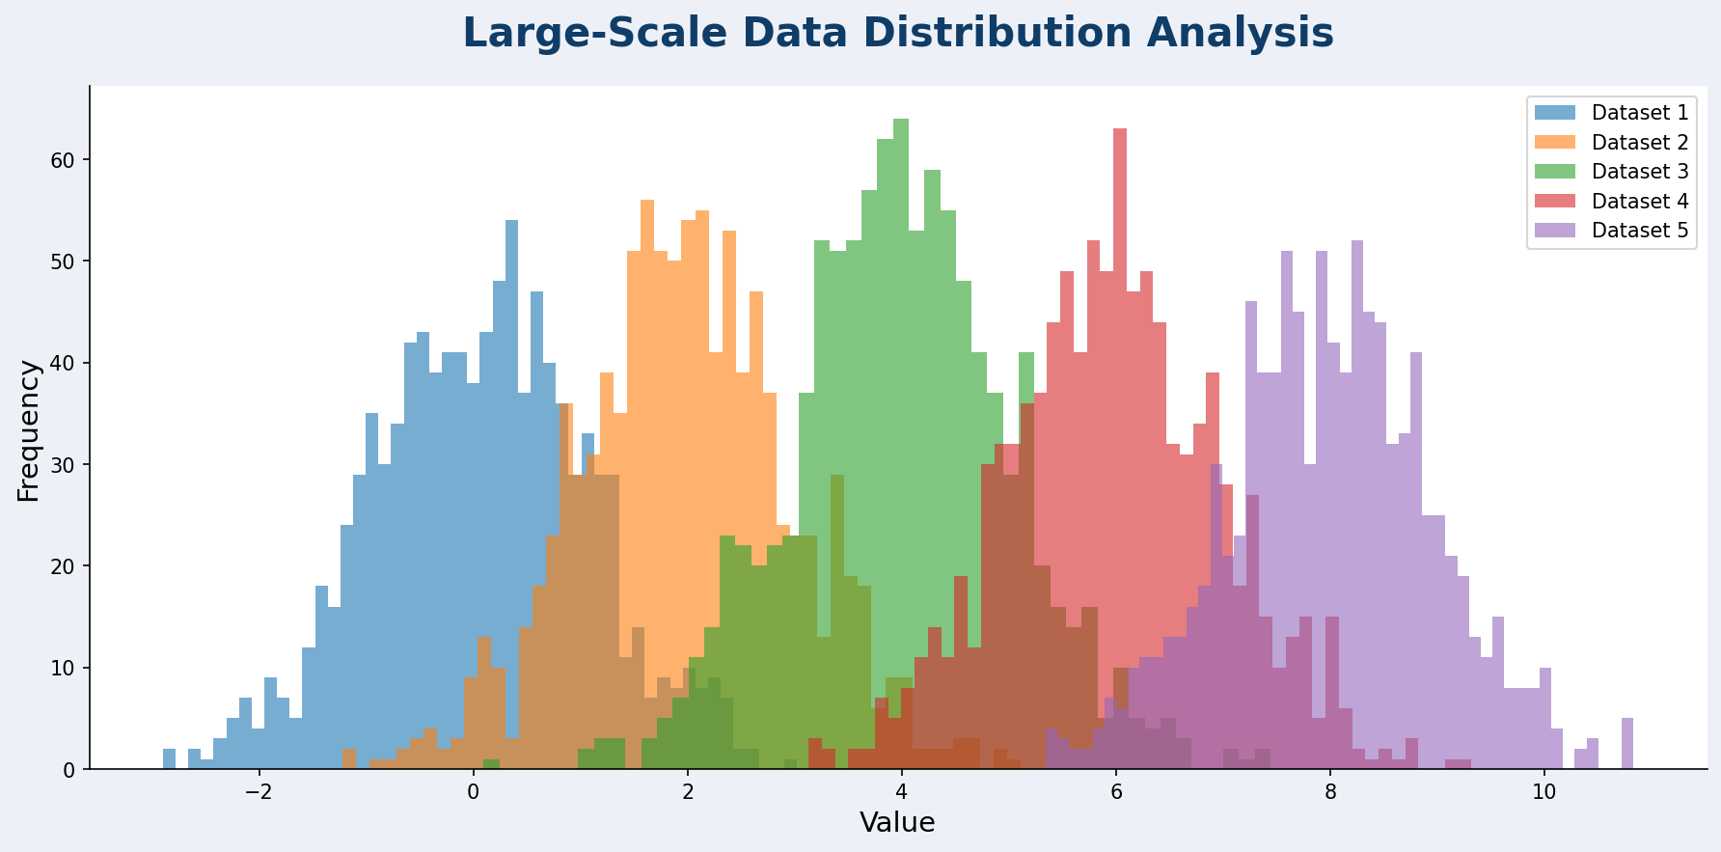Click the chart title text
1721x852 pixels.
click(x=897, y=34)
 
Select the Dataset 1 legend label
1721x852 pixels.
click(x=1640, y=113)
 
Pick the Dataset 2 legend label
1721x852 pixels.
click(x=1640, y=143)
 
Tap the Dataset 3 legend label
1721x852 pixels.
click(x=1640, y=172)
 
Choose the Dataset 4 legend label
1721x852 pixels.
click(x=1640, y=202)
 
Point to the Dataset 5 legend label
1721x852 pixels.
click(x=1640, y=231)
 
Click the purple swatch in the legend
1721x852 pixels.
click(x=1555, y=231)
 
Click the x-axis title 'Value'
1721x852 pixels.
click(x=897, y=823)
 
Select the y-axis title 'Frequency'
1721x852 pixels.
click(x=29, y=430)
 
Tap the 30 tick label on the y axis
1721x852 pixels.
click(x=64, y=465)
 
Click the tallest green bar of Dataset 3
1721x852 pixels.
click(x=901, y=289)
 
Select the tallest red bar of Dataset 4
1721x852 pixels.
click(x=1119, y=289)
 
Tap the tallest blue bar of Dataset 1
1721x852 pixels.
click(x=511, y=386)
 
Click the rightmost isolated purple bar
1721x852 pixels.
click(x=1627, y=744)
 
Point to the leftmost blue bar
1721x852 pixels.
click(x=170, y=759)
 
